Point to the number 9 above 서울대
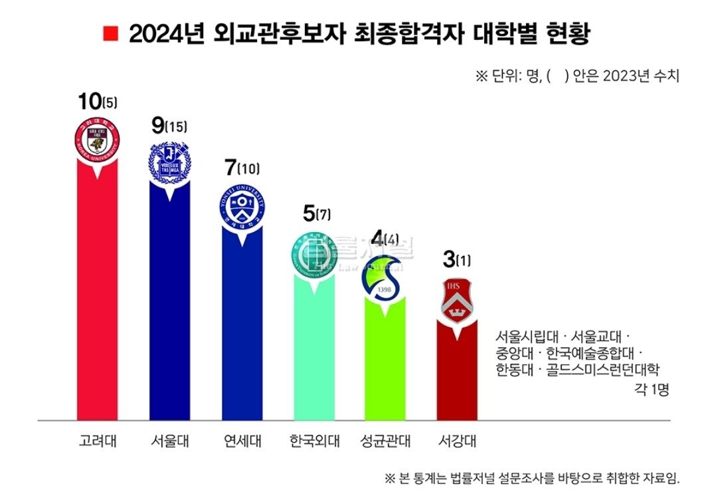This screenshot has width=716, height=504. (x=158, y=124)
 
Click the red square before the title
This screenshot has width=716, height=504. (x=111, y=33)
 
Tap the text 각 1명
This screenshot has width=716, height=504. (x=652, y=390)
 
